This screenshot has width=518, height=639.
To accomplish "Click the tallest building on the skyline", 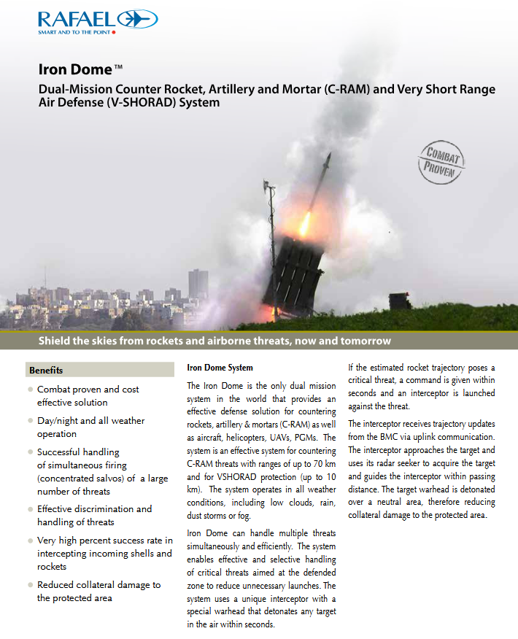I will coord(198,284).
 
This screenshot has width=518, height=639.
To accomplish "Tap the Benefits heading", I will coord(46,370).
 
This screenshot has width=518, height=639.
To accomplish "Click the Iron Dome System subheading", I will coord(220,368).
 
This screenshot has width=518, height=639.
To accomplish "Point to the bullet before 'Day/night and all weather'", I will coord(30,421).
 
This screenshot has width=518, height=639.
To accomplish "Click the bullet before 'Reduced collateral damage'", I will coord(30,585).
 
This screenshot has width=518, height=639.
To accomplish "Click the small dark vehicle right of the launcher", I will coord(400,301).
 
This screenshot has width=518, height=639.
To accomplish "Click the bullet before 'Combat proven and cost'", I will coord(30,390).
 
